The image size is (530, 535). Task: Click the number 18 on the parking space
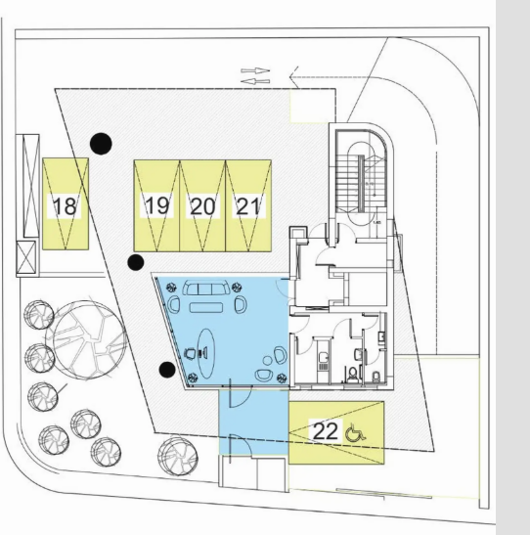point(65,206)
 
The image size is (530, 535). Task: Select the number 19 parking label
point(157,206)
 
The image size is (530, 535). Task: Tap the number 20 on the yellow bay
point(203,206)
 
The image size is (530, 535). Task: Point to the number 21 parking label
point(248,206)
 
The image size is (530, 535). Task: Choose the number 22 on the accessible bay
point(326,431)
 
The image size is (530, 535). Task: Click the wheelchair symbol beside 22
point(356,433)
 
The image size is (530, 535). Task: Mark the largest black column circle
point(101,144)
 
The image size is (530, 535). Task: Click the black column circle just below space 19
point(136,262)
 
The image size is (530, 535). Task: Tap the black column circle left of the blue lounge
point(167,370)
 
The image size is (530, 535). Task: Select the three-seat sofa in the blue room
point(206,288)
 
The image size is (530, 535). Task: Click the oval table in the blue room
point(206,353)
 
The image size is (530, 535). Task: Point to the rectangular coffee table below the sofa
point(206,307)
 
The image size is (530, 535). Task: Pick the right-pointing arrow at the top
point(255,71)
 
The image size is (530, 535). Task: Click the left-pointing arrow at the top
point(255,81)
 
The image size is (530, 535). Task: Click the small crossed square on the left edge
point(26,257)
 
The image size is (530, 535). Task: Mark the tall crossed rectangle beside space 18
point(31,186)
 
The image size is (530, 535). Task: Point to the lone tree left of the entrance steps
point(178,457)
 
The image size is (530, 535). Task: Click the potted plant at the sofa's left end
point(171,288)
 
